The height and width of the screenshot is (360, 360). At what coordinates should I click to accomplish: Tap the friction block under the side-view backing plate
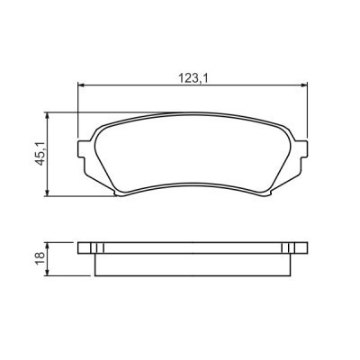(193, 264)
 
